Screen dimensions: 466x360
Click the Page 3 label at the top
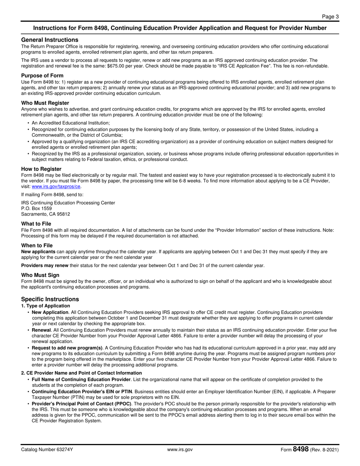tap(330, 16)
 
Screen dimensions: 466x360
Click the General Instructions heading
tap(50, 40)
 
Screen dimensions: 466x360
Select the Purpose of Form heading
tap(42, 75)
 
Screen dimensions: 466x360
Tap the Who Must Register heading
tap(45, 103)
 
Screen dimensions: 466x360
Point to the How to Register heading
tap(41, 169)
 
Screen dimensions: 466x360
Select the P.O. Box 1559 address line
tap(36, 208)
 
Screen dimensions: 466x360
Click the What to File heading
tap(36, 224)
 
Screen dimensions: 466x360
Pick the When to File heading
tap(37, 246)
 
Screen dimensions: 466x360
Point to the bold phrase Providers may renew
tap(45, 265)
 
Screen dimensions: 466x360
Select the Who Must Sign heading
tap(40, 275)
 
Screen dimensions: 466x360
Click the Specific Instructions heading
tap(50, 299)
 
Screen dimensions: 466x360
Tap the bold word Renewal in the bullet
tap(41, 330)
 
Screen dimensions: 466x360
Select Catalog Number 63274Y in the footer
tap(47, 450)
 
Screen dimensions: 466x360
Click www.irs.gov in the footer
tap(180, 450)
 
